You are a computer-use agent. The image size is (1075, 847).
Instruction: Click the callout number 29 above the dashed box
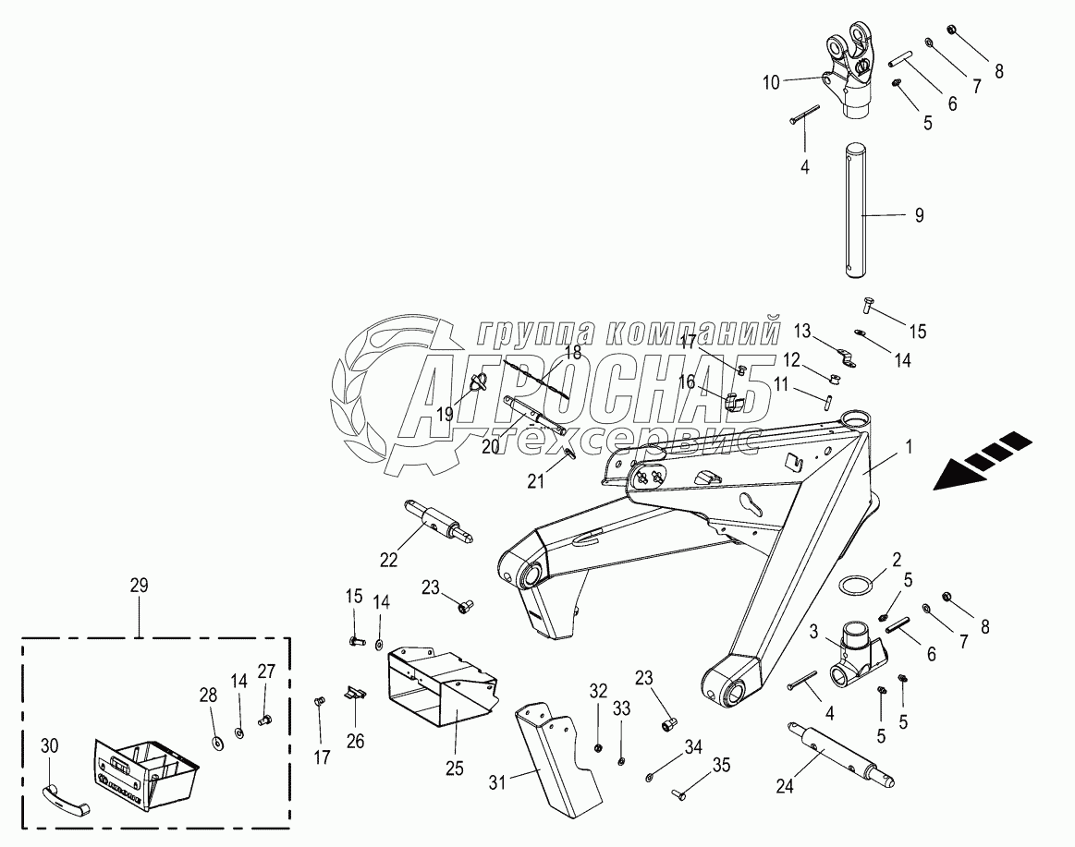[140, 585]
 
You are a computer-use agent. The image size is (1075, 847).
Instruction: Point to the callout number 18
[573, 352]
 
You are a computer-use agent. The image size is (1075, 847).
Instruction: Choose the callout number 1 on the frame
[909, 446]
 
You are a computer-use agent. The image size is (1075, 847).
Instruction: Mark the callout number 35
[720, 764]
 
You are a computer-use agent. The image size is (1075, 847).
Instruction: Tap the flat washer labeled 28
[218, 740]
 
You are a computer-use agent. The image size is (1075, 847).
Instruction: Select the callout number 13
[802, 330]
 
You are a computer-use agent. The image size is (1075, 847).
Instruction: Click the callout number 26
[356, 740]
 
